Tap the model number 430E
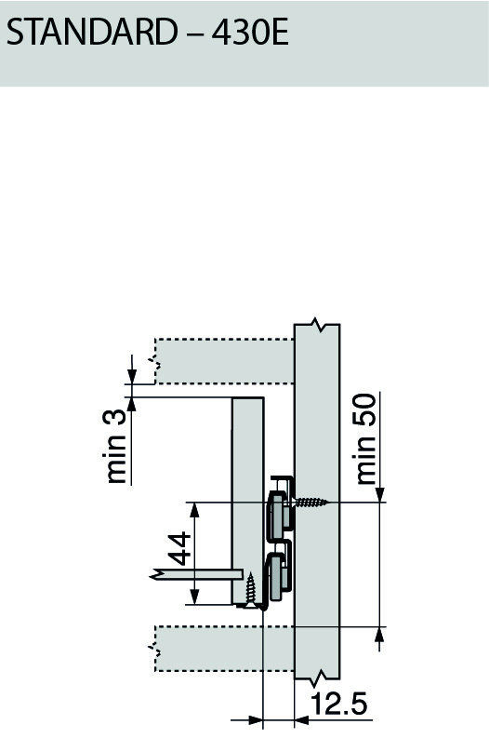point(248,34)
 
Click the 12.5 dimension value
point(339,704)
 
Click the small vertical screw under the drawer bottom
point(250,587)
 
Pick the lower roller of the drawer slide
point(279,573)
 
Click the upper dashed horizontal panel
point(223,359)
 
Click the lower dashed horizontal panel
point(223,648)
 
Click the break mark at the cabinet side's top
point(319,326)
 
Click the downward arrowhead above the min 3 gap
point(132,376)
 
